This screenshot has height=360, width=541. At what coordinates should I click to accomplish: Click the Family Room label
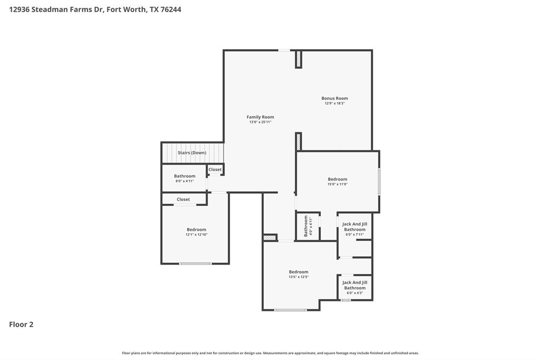(x=260, y=117)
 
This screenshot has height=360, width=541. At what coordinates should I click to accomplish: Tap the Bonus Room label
(x=334, y=98)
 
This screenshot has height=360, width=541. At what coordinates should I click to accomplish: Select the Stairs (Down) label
(x=192, y=153)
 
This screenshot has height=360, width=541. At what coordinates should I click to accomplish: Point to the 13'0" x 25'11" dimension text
(x=260, y=122)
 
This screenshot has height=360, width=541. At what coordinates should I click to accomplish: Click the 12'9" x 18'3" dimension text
(x=334, y=103)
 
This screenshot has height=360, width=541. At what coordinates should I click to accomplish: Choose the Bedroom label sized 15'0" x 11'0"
(x=337, y=179)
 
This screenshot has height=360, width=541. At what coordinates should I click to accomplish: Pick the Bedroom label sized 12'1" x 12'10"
(x=196, y=230)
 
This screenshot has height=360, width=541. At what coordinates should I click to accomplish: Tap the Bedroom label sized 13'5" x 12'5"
(x=298, y=272)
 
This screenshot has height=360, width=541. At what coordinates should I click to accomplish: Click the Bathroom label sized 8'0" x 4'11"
(x=184, y=176)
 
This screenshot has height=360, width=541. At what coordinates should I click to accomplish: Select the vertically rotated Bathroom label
(x=305, y=226)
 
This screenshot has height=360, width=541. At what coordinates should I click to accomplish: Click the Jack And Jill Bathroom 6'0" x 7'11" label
(x=355, y=226)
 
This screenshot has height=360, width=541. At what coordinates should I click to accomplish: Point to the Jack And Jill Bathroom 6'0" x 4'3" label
(x=355, y=285)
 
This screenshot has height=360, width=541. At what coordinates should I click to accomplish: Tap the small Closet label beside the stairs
(x=215, y=169)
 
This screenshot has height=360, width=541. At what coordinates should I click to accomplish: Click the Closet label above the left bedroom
(x=183, y=200)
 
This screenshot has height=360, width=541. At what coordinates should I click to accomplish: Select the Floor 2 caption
(x=21, y=325)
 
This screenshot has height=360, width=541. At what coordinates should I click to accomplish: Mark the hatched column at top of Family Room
(x=298, y=59)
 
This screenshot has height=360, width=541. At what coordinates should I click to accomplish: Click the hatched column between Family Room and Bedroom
(x=298, y=141)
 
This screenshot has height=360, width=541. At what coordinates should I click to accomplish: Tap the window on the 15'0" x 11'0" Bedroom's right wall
(x=379, y=182)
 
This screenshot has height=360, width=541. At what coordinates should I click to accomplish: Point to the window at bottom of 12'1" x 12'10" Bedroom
(x=195, y=263)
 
